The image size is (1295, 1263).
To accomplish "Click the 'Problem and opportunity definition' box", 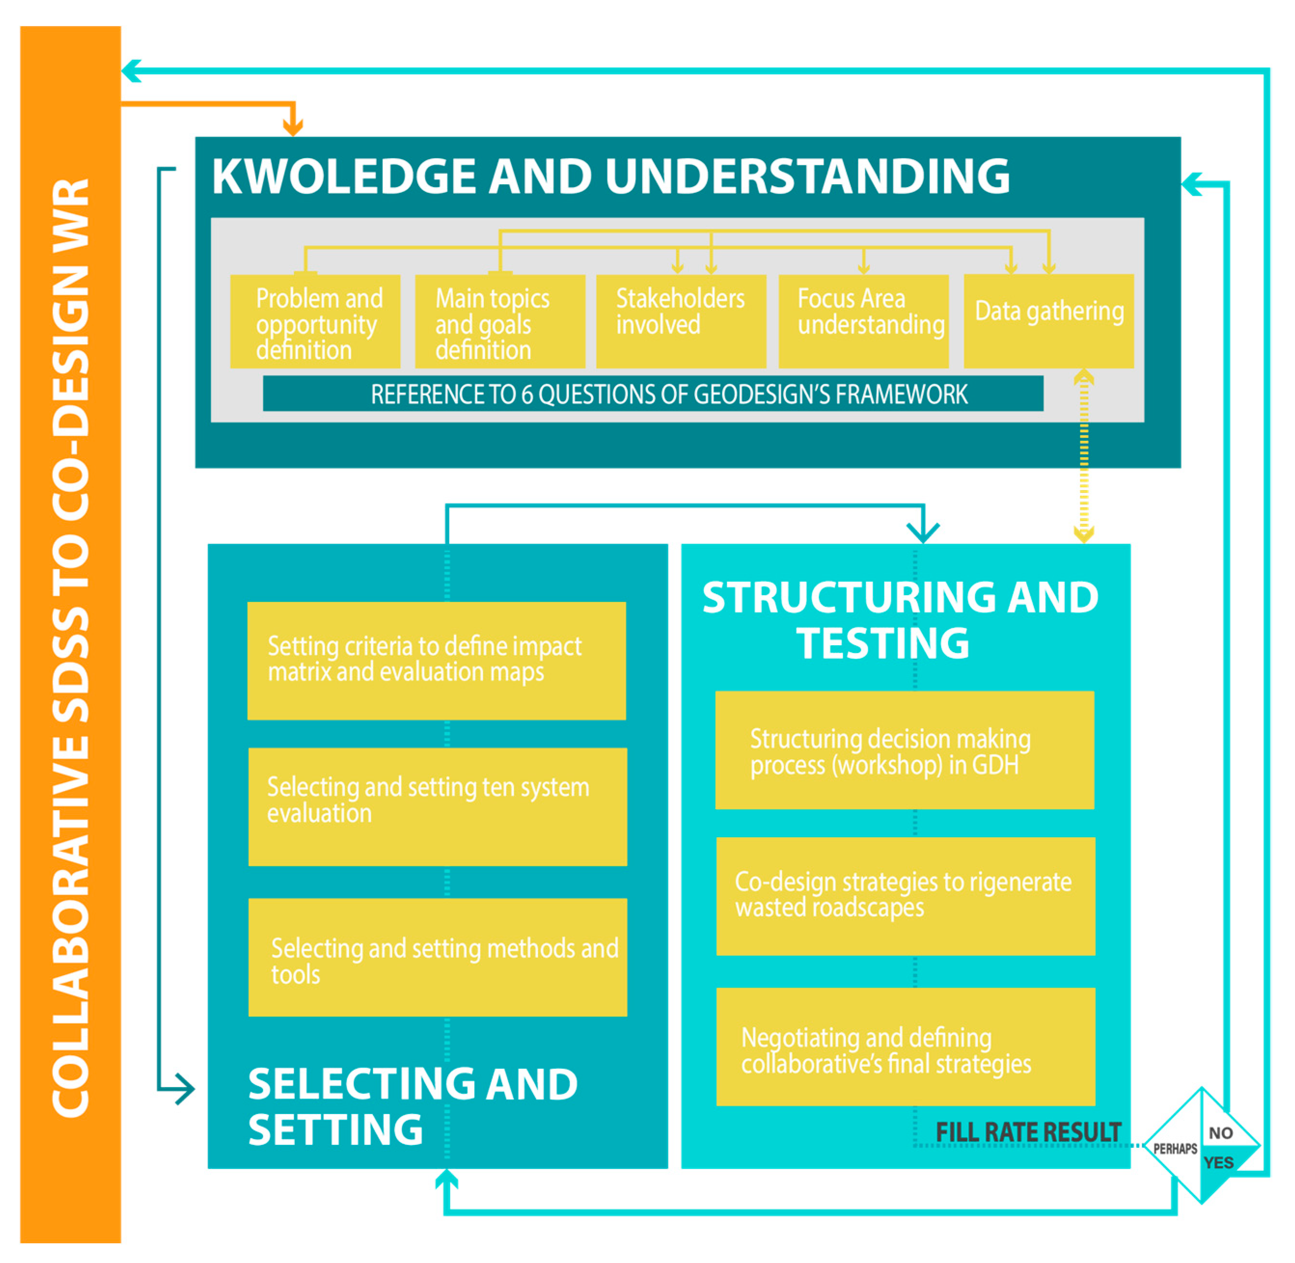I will pos(315,322).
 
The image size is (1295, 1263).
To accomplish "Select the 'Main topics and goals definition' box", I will pos(500,322).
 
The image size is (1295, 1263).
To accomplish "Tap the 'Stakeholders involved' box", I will pos(681,322).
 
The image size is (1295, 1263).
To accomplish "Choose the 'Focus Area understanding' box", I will pos(863,322).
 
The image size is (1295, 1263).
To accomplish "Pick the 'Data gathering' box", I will pos(1048,322).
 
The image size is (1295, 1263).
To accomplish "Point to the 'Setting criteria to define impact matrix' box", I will pos(436,661).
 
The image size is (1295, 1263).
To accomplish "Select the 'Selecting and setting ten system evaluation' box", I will pos(437,807).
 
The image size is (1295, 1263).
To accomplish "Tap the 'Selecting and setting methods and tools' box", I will pos(437,957).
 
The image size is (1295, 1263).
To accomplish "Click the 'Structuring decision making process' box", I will pos(904,750).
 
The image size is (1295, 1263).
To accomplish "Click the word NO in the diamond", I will pos(1220,1133).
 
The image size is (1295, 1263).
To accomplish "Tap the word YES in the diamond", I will pos(1218,1162).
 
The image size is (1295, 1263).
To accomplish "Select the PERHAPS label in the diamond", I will pos(1175,1148).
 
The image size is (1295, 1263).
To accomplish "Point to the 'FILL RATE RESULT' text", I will pos(1028,1132).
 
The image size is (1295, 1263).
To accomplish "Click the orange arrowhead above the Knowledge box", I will pos(293,127).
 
